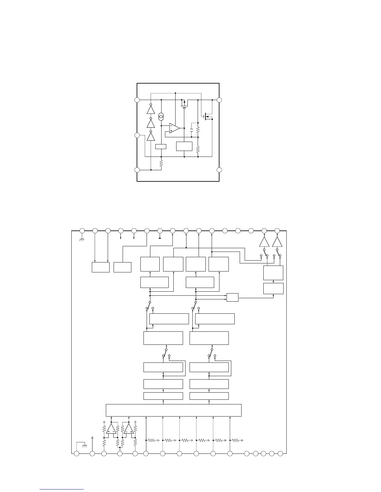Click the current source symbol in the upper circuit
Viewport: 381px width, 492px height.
point(161,117)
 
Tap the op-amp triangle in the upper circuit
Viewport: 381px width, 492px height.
point(174,128)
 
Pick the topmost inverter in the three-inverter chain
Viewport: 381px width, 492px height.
point(151,110)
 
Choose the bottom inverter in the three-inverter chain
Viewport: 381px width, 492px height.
point(151,136)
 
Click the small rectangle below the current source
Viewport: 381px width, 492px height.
point(161,147)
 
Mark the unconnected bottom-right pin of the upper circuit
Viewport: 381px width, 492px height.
point(219,170)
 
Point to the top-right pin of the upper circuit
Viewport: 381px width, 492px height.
point(219,100)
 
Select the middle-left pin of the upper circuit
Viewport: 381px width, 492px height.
point(137,135)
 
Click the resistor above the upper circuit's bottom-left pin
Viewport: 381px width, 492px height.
point(161,163)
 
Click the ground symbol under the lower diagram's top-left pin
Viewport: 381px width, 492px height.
point(82,239)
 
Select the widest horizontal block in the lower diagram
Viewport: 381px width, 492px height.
point(174,410)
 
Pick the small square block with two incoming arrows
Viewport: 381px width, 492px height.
point(232,297)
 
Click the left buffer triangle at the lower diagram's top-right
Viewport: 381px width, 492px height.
point(264,242)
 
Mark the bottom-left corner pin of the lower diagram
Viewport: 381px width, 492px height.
point(76,454)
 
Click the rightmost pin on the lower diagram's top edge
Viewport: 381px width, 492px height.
point(277,230)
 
